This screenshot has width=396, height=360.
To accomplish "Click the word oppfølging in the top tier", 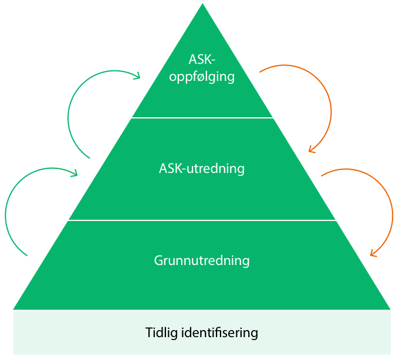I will (x=202, y=77).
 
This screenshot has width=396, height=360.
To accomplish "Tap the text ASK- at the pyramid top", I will (x=202, y=60).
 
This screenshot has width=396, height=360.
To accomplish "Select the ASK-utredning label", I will (x=202, y=169).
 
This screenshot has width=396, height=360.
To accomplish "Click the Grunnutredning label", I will (x=202, y=260).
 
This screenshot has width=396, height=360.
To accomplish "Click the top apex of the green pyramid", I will (x=202, y=5).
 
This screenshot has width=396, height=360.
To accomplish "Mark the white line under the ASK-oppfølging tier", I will (x=202, y=118).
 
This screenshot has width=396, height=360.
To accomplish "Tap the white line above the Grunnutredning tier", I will (x=202, y=220).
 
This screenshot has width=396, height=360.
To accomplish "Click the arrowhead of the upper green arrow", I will (x=138, y=75).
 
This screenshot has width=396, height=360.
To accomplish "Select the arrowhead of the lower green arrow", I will (x=76, y=173).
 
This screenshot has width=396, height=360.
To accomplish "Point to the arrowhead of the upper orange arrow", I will (x=311, y=150).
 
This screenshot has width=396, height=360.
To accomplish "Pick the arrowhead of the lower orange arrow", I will (x=371, y=254).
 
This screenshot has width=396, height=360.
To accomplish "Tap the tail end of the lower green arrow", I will (x=27, y=256).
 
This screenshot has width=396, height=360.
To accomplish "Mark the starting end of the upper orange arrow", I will (x=260, y=72).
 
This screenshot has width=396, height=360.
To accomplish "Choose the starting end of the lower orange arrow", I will (x=321, y=175).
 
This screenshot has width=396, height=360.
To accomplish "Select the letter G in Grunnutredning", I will (x=158, y=260).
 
